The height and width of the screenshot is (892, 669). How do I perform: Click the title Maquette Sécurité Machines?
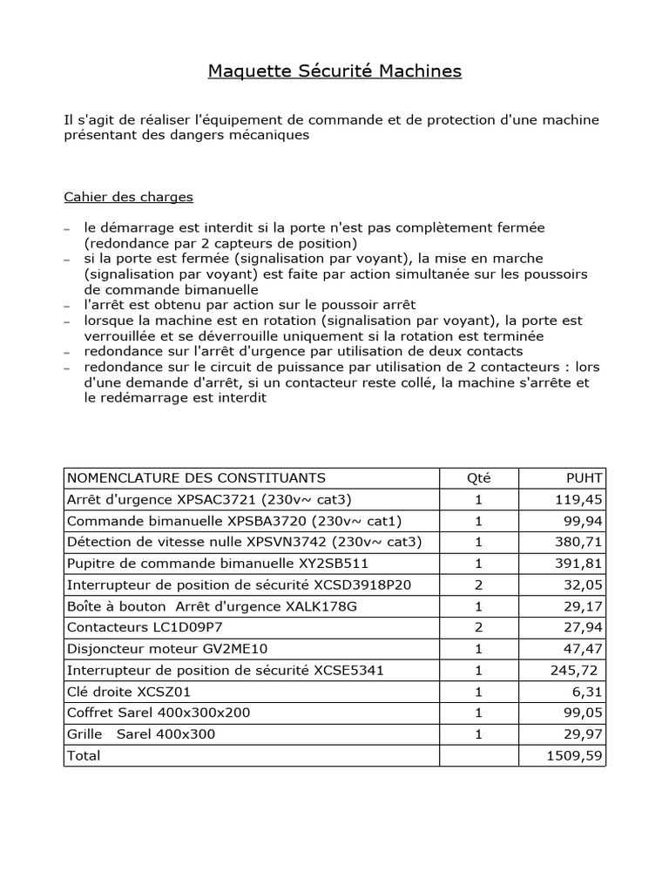[x=334, y=71]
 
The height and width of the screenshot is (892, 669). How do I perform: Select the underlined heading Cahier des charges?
[x=128, y=197]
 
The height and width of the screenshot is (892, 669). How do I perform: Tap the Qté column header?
[x=478, y=477]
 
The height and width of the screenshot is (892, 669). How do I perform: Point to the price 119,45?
[x=579, y=500]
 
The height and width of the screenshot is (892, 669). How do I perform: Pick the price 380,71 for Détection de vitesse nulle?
[x=579, y=542]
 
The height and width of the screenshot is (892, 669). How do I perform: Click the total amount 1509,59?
[x=575, y=755]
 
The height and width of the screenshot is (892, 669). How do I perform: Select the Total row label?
[x=84, y=755]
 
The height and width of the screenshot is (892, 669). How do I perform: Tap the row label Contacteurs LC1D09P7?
[x=139, y=627]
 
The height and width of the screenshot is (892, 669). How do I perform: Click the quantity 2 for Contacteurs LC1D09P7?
[x=478, y=627]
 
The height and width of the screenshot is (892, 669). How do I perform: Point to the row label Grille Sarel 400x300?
[x=141, y=734]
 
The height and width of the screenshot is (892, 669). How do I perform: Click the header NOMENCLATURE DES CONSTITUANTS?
[x=196, y=477]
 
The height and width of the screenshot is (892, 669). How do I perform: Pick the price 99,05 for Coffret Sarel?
[x=583, y=713]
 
